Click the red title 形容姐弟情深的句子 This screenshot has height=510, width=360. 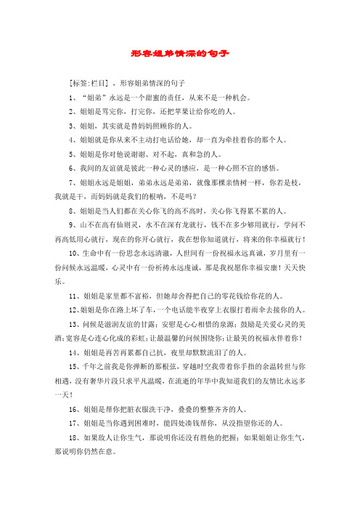tap(180, 53)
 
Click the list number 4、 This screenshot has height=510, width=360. tap(72, 137)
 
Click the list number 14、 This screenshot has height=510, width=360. tap(74, 349)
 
